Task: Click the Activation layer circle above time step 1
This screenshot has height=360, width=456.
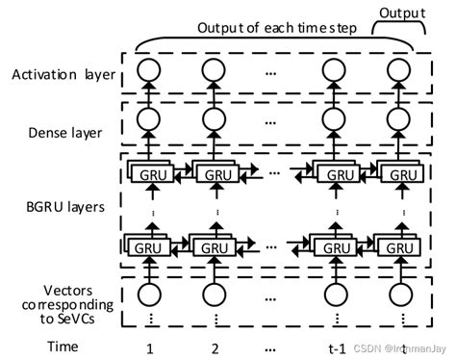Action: point(149,70)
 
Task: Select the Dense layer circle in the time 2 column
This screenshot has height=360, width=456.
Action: point(215,119)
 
